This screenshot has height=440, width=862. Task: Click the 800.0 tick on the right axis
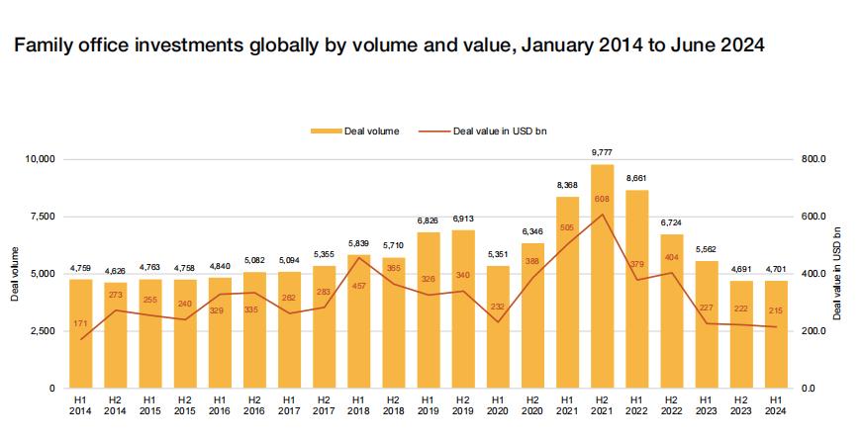pyautogui.click(x=813, y=159)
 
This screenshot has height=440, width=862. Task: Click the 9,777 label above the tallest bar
pyautogui.click(x=602, y=152)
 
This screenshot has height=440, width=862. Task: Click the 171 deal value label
pyautogui.click(x=81, y=325)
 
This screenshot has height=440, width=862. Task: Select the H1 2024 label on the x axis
pyautogui.click(x=775, y=404)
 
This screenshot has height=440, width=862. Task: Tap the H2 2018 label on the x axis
pyautogui.click(x=394, y=404)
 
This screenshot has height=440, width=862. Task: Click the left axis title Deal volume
pyautogui.click(x=14, y=274)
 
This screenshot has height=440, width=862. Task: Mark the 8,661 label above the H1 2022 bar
pyautogui.click(x=636, y=178)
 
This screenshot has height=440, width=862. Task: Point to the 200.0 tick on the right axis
pyautogui.click(x=813, y=331)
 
